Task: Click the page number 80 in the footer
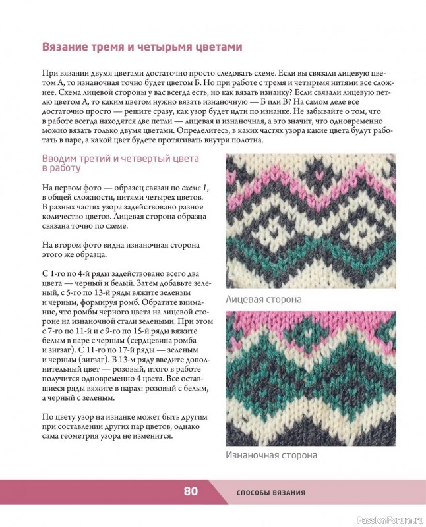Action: pos(191,491)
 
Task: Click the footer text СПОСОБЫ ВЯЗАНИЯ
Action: pos(270,493)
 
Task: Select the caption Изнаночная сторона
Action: pos(271,455)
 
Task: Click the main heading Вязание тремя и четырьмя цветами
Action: pos(142,47)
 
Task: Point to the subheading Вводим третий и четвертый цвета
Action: pos(120,159)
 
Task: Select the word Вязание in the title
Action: pos(69,47)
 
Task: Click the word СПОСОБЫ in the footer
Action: pos(253,493)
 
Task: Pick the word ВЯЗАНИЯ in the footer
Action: pos(288,493)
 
